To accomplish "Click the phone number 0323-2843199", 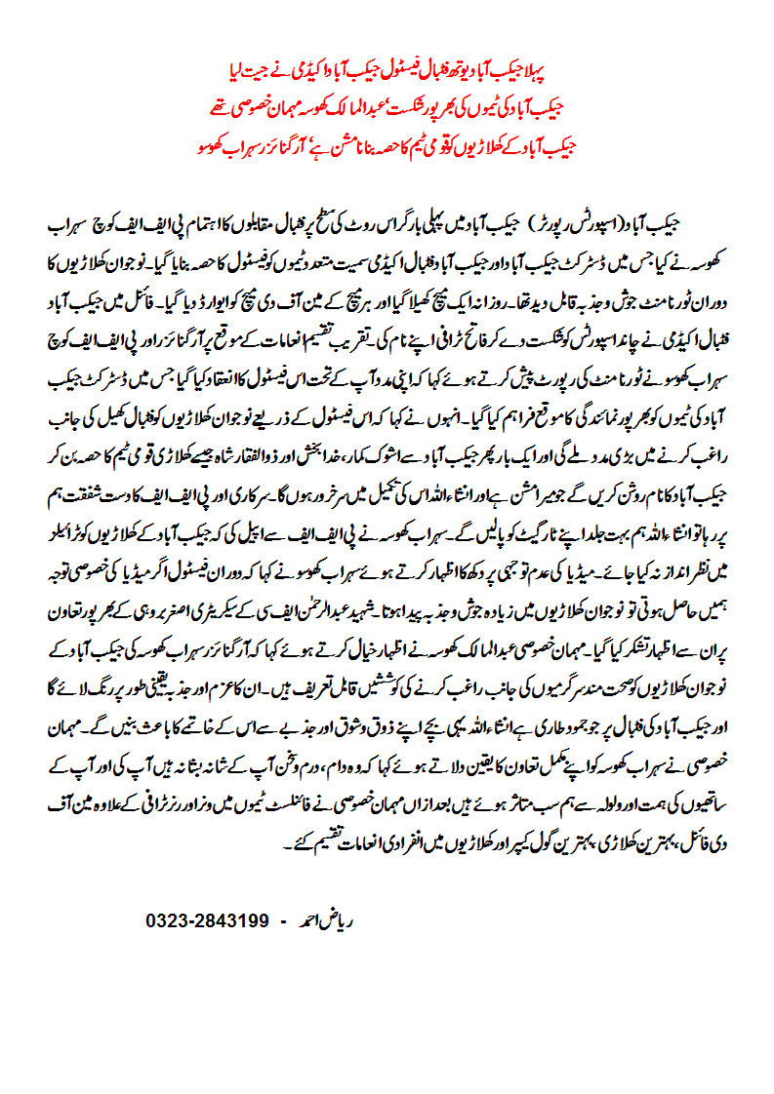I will tap(207, 920).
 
